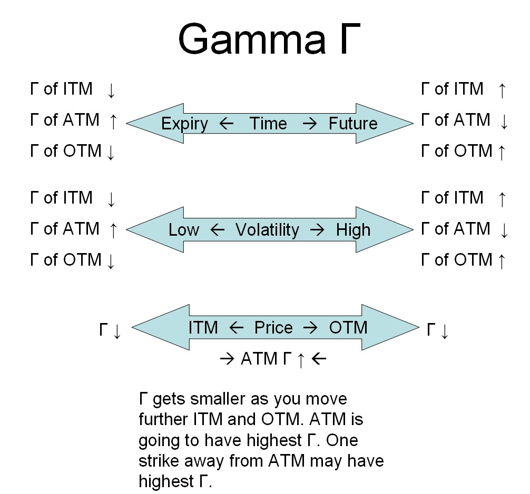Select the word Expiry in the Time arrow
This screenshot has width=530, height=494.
(x=184, y=124)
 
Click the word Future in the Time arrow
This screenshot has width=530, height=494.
(x=353, y=124)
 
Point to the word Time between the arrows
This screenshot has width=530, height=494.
(x=268, y=124)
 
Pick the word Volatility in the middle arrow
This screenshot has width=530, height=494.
(x=267, y=230)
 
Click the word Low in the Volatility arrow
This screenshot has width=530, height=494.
(x=184, y=230)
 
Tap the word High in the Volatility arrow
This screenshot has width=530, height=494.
(x=353, y=230)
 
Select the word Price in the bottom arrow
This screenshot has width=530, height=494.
(x=273, y=328)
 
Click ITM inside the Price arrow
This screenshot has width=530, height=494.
(x=203, y=328)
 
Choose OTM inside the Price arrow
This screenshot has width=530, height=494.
(x=348, y=328)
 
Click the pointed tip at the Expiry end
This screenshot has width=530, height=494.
(x=128, y=123)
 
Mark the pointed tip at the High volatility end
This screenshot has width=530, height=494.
(x=413, y=229)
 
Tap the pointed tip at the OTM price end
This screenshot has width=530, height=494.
(x=418, y=327)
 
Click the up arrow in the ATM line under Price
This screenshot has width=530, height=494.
(x=301, y=360)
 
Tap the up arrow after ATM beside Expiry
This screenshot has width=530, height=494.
(x=112, y=122)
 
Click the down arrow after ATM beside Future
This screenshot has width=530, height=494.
(x=503, y=122)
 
